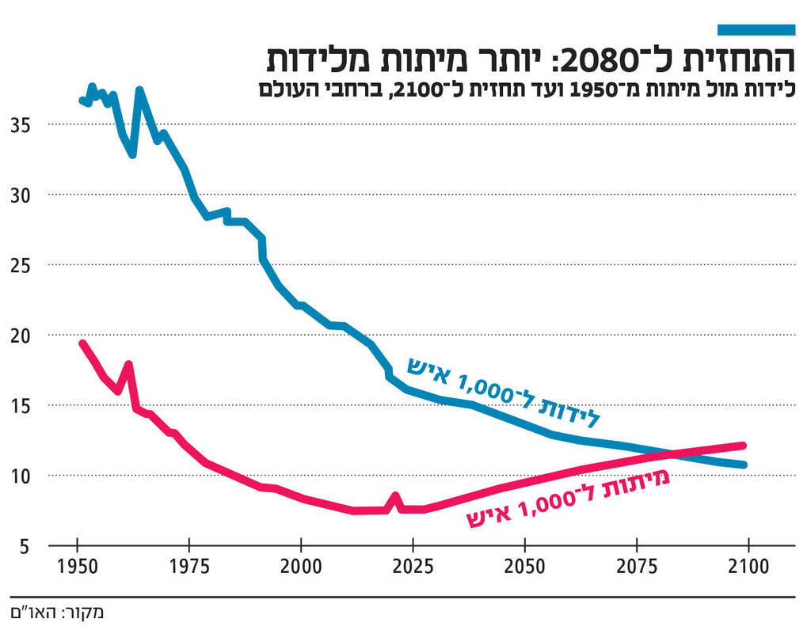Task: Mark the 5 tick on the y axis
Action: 25,546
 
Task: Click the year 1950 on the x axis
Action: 77,567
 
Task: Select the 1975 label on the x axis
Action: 188,567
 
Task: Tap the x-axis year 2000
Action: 301,567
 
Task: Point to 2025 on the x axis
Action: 413,567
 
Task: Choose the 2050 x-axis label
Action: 525,567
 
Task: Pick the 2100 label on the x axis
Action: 748,567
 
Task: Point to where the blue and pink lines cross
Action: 672,454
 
